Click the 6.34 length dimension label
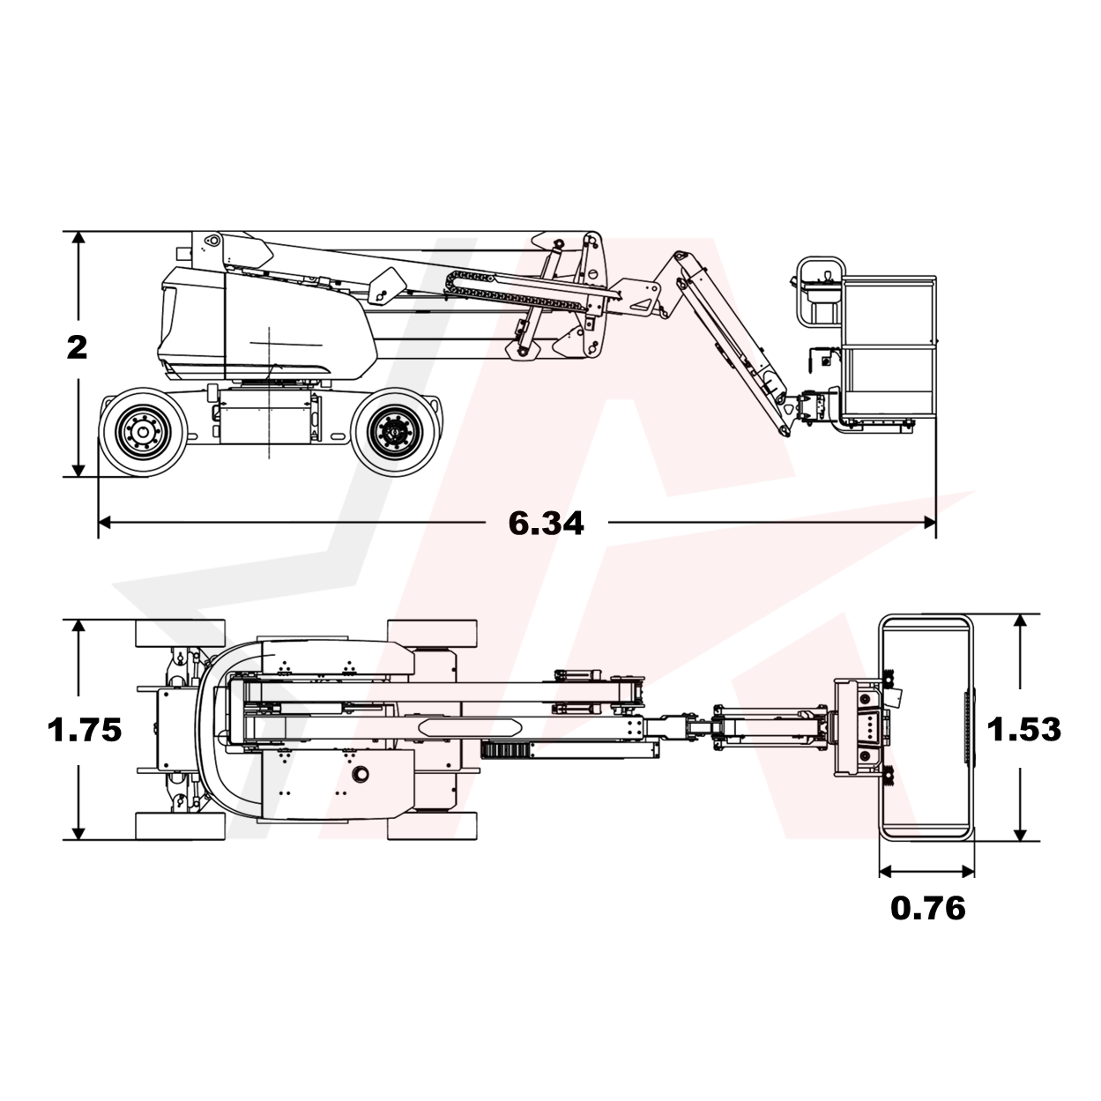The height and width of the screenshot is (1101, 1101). [x=546, y=524]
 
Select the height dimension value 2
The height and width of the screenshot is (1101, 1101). [x=78, y=347]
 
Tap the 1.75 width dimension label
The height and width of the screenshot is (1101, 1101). [x=85, y=730]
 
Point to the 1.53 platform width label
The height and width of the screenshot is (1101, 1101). [x=1023, y=729]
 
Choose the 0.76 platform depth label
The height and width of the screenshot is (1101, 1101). [x=928, y=908]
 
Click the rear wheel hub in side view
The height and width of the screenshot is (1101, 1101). [x=143, y=431]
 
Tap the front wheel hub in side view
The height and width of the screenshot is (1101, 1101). [x=395, y=431]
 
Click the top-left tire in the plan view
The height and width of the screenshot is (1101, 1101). [x=180, y=634]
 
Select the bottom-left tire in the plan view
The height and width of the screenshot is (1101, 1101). [x=180, y=826]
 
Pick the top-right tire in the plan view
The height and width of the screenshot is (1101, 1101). [x=432, y=634]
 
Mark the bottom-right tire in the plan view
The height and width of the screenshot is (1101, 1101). [x=432, y=826]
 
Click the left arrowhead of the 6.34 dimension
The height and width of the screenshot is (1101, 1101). [x=105, y=522]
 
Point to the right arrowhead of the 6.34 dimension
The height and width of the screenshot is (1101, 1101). [x=930, y=522]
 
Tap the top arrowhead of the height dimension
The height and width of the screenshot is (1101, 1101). [x=78, y=238]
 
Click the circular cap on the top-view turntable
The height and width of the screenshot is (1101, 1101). [x=360, y=774]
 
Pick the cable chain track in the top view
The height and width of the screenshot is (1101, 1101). [x=506, y=750]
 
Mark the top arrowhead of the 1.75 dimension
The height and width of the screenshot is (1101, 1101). [x=78, y=626]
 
